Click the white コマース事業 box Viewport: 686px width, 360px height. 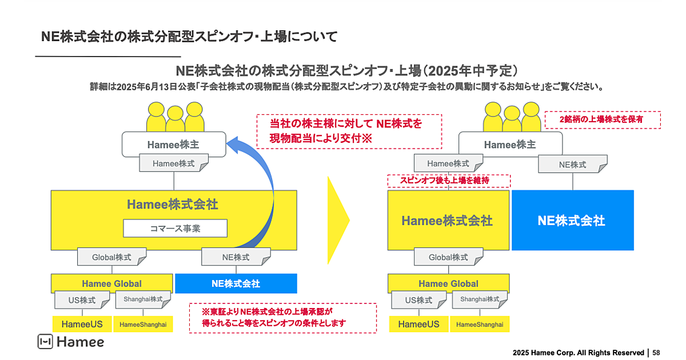[x=175, y=229]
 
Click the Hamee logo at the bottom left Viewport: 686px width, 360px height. [x=71, y=342]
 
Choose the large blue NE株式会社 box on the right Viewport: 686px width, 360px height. [x=572, y=221]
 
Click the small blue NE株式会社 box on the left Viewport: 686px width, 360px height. [x=236, y=283]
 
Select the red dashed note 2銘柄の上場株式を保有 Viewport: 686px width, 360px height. [x=602, y=119]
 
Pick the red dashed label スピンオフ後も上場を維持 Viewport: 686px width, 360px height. [x=448, y=181]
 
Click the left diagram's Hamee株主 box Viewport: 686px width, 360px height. [x=173, y=145]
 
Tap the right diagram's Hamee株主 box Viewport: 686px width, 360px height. [x=510, y=145]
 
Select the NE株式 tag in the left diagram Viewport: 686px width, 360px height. [x=236, y=257]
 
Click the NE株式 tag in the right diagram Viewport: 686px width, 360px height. [x=572, y=164]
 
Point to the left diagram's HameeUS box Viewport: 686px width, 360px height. [x=82, y=324]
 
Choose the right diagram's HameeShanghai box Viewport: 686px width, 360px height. [x=480, y=324]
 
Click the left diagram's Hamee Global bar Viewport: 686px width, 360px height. [x=111, y=283]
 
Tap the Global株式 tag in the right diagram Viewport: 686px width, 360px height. [x=448, y=257]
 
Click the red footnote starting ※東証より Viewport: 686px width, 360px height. [x=282, y=318]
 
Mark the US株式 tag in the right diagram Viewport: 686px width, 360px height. [x=419, y=300]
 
